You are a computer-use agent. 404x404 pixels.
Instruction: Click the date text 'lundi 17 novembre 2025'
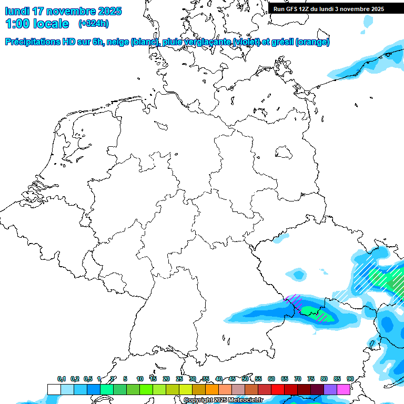tap(63, 11)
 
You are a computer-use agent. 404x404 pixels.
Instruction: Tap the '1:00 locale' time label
tap(37, 24)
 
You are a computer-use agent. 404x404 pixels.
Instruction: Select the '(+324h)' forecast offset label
tap(93, 24)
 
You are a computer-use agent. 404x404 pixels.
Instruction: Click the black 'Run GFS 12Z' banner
tap(336, 9)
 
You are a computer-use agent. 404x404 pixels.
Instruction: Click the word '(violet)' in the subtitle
tap(250, 42)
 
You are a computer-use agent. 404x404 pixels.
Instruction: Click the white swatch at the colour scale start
tap(54, 389)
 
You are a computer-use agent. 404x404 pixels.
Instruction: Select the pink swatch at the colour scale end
tap(344, 389)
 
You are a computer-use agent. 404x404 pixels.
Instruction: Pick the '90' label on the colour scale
tap(350, 379)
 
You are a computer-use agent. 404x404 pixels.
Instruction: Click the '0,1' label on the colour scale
tap(62, 379)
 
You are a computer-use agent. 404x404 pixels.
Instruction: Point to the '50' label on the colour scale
tap(245, 379)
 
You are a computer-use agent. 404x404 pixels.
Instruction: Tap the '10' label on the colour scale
tap(140, 379)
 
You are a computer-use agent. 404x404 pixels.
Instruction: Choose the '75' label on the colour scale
tap(311, 379)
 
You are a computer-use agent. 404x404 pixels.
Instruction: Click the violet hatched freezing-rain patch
tap(294, 301)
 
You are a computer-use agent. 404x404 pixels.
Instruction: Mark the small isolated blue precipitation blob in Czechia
tap(296, 274)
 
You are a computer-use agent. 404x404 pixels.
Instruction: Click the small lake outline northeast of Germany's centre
tap(284, 153)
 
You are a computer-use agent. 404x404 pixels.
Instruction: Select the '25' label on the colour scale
tap(179, 379)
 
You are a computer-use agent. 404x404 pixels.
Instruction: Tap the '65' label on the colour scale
tap(285, 379)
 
